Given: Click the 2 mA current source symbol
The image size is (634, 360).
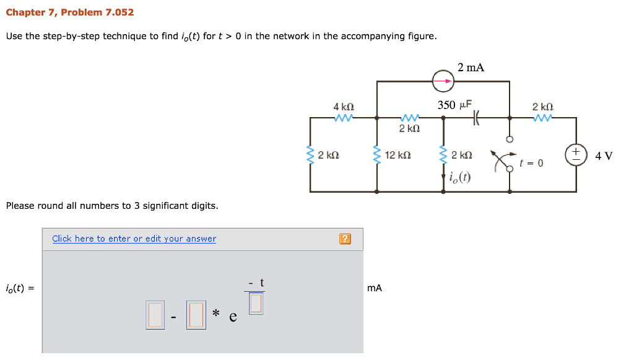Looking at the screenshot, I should point(443,81).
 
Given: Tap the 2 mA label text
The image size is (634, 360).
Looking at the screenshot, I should point(471,68).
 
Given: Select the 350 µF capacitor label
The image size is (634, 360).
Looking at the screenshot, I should point(454,105).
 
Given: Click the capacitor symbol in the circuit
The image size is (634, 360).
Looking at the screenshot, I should point(477,116).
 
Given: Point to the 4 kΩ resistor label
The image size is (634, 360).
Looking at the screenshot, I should point(344,106).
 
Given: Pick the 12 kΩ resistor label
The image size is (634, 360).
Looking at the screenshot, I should point(399,154).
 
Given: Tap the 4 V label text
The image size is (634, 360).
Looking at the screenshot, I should point(604,156).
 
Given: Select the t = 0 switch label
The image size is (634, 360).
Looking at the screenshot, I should point(532,164).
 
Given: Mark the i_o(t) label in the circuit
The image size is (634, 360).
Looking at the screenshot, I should point(460,178).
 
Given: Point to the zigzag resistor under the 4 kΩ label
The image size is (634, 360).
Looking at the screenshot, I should point(344,117).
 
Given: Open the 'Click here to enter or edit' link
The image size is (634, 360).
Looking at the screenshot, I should point(134,239).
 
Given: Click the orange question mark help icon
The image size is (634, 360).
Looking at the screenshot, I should point(345,239).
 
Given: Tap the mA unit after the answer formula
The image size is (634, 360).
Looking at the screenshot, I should point(375,288).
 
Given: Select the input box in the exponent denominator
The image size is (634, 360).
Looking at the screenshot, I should point(256,303).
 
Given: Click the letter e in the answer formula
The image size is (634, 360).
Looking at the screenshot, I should point(233,317).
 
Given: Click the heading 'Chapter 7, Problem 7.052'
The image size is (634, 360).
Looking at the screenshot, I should point(69,12).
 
